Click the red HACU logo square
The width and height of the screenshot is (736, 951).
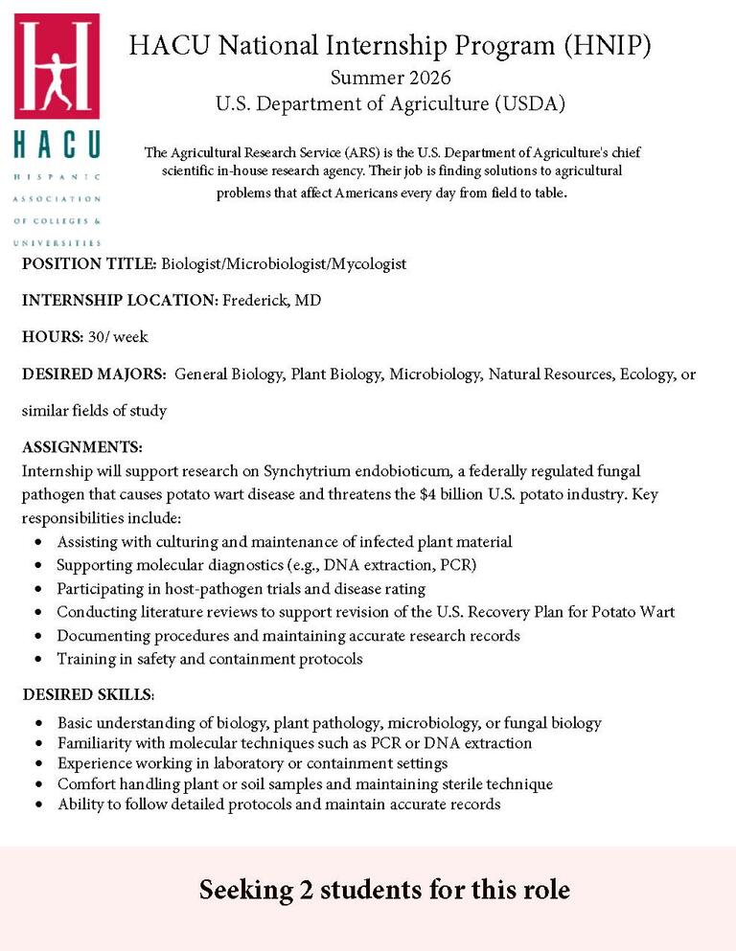coord(57,65)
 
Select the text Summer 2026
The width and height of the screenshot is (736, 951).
coord(390,78)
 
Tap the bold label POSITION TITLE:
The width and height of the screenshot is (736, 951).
coord(89,263)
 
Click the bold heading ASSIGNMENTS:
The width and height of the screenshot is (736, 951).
coord(82,447)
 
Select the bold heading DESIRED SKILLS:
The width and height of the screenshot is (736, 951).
coord(88,693)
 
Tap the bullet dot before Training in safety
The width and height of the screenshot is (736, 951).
coord(37,660)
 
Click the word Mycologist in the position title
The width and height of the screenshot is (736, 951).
coord(369,263)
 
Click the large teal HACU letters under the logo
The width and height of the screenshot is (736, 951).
coord(57,145)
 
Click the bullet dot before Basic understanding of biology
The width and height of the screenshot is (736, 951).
coord(37,724)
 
